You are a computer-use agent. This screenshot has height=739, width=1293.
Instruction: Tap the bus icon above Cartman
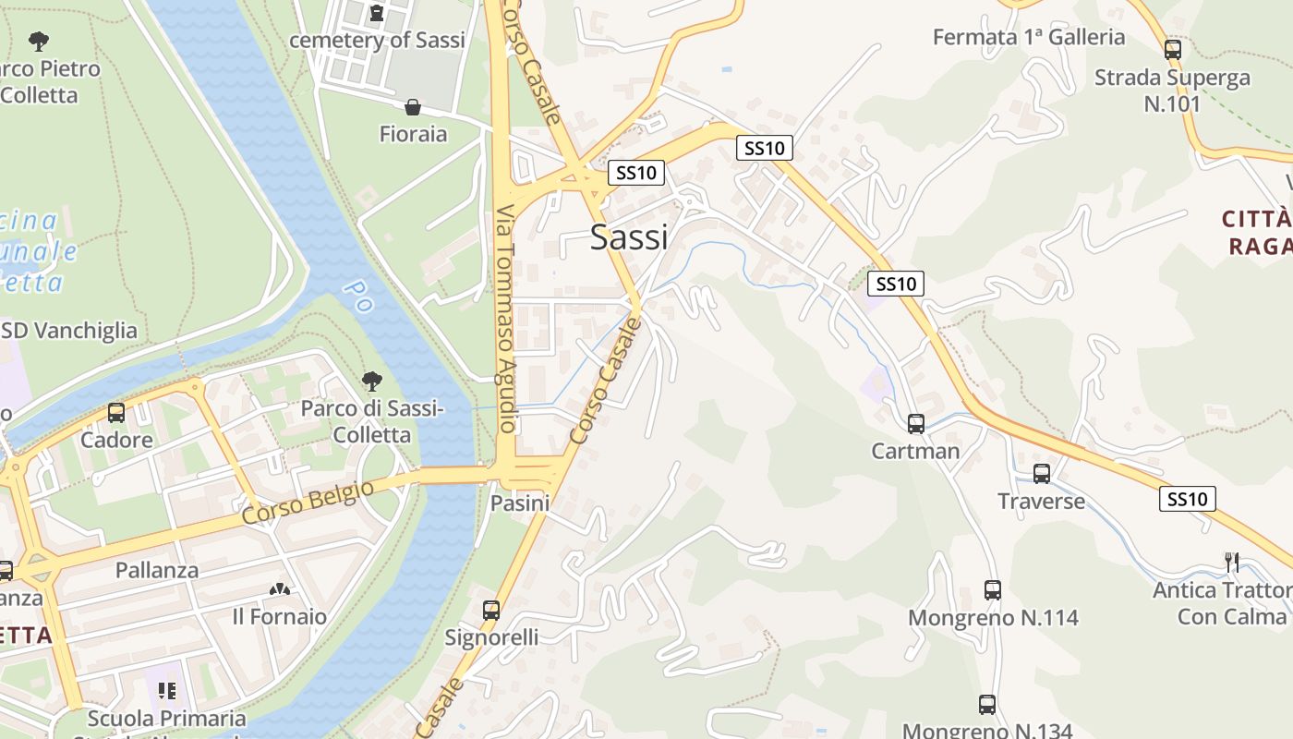(916, 424)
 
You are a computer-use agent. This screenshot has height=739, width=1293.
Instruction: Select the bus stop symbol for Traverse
(1042, 474)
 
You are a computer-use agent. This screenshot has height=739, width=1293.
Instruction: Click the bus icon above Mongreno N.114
(993, 589)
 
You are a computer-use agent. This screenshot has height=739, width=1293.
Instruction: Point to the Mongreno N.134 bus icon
(987, 705)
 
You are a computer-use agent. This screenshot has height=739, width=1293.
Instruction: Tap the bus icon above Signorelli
(491, 610)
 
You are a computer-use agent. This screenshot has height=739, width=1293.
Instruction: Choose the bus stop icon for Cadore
(116, 413)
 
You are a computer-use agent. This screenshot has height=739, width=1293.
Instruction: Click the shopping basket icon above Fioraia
(413, 107)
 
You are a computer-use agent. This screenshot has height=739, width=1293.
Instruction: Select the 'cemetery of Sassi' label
(377, 40)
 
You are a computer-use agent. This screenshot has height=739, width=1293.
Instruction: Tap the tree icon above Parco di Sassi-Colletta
(372, 381)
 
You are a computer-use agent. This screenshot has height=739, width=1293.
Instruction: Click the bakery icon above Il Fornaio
(279, 588)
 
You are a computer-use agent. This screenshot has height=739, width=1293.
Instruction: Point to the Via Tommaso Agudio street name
(506, 319)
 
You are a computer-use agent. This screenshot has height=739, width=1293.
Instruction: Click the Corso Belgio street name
(308, 503)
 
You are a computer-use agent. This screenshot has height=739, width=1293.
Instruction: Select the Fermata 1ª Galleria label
(1029, 37)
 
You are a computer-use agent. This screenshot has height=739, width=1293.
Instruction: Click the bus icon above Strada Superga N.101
(1173, 50)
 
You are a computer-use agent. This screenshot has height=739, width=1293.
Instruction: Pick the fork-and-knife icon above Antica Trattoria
(1231, 562)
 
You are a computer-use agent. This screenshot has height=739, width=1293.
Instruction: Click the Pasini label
(520, 503)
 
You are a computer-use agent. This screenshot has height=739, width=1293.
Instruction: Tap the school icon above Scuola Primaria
(167, 691)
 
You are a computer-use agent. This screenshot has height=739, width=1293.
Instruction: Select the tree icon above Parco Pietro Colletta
(39, 41)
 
